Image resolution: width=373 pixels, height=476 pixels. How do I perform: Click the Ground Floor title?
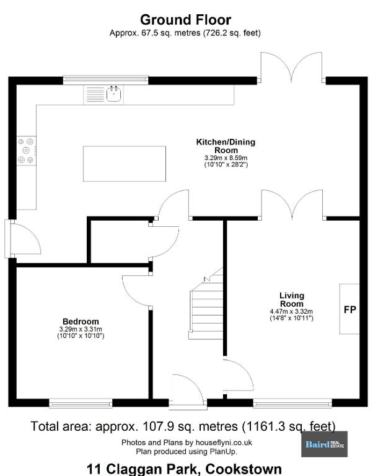[185, 20]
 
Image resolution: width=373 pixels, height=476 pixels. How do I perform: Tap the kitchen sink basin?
[115, 94]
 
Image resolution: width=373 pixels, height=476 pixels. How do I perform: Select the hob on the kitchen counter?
[27, 151]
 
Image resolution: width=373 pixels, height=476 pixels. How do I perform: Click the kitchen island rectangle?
[125, 164]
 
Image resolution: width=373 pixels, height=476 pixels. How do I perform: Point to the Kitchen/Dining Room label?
[226, 146]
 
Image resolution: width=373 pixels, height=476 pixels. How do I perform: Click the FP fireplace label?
[349, 309]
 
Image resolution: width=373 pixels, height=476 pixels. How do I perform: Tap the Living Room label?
[292, 299]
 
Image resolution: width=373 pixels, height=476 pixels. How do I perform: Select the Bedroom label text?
[81, 321]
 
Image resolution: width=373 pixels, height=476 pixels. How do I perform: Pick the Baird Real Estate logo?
[325, 444]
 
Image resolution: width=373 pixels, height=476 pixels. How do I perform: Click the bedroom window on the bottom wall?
[81, 403]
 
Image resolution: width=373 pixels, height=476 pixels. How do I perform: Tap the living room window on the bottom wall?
[292, 403]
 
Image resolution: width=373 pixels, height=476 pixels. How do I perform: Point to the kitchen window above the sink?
[105, 80]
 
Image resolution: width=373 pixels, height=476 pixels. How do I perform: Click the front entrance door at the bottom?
[188, 392]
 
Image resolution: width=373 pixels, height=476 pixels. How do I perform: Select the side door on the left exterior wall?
[23, 239]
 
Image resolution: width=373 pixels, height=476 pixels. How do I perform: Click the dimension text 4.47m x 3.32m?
[291, 312]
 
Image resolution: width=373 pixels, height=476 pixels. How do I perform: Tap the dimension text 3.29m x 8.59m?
[226, 158]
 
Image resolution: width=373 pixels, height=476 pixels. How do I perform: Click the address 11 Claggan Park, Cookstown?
[184, 469]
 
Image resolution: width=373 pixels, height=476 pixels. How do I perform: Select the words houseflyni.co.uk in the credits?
[224, 443]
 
